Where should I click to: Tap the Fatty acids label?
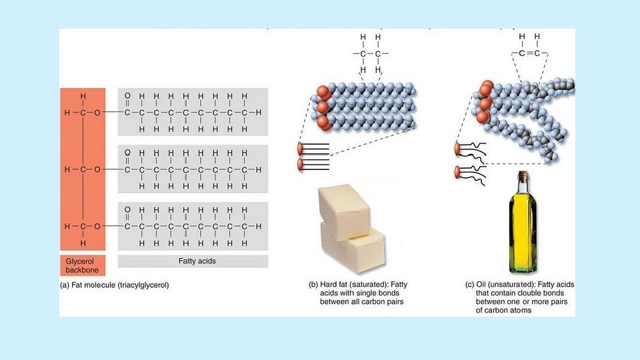[x=193, y=261]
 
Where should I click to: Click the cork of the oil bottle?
[x=522, y=175]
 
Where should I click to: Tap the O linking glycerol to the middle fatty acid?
[x=97, y=170]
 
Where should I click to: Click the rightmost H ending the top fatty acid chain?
[x=259, y=113]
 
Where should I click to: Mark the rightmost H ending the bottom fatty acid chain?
[x=259, y=227]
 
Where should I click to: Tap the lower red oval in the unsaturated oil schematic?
[x=459, y=171]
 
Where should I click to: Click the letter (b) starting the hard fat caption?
[x=313, y=285]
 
